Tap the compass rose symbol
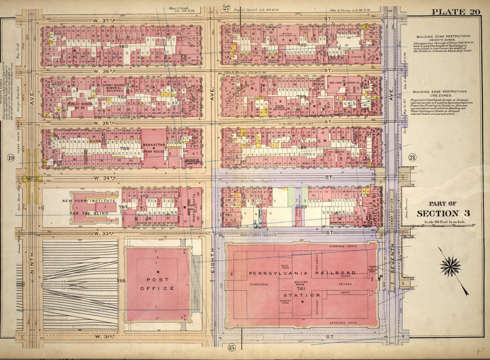tap(450, 266)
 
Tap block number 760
tap(123, 46)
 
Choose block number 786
tap(301, 45)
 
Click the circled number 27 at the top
tap(226, 7)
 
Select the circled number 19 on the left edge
tap(10, 157)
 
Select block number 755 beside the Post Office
tap(121, 281)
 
